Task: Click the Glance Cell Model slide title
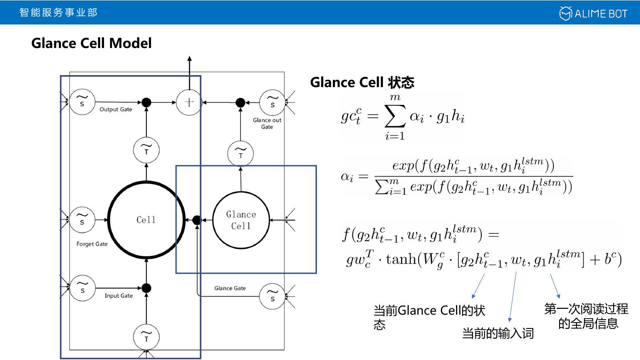pos(92,43)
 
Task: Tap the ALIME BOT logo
pos(593,13)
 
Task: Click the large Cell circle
pos(146,220)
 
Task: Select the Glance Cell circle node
pos(241,220)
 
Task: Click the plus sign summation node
pos(189,102)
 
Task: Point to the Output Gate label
pos(116,109)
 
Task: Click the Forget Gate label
pos(92,244)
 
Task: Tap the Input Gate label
pos(119,296)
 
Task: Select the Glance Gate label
pos(230,288)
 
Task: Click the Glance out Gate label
pos(267,124)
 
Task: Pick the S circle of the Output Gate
pos(82,102)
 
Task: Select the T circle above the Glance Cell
pos(240,153)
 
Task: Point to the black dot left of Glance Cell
pos(197,220)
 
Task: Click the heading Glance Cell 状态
pos(362,83)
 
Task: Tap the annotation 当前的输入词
pos(498,333)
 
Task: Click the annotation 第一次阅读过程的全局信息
pos(587,316)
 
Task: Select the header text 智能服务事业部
pos(58,12)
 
